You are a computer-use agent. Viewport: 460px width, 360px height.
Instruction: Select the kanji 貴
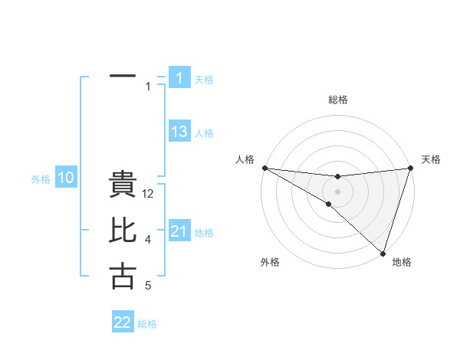pos(123,186)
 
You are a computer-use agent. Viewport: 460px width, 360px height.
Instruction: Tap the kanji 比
pos(123,231)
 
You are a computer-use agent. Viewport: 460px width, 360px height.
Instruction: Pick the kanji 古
pos(123,276)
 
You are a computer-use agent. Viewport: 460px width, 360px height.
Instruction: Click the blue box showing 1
pos(179,77)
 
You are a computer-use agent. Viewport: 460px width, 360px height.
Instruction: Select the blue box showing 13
pos(179,132)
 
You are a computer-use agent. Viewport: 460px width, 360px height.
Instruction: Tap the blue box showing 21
pos(179,231)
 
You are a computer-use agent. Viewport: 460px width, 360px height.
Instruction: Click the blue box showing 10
pos(66,178)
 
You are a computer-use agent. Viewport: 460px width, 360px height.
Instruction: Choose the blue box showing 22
pos(123,322)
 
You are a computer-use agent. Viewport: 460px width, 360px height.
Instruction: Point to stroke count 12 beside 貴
pos(149,195)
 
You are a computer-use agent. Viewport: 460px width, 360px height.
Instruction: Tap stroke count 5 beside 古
pos(148,286)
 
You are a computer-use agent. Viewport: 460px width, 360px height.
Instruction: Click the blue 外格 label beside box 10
pos(41,179)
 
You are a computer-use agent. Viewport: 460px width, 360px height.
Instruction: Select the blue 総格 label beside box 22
pos(147,324)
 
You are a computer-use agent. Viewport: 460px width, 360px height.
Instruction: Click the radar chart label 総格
pos(337,100)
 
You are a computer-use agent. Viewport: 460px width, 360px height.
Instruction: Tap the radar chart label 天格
pos(431,159)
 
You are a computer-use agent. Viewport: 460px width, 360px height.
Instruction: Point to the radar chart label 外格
pos(270,262)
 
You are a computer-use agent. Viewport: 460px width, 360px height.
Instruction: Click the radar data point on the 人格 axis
pos(264,167)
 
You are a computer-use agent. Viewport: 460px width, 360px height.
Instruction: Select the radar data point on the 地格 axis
pos(382,251)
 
